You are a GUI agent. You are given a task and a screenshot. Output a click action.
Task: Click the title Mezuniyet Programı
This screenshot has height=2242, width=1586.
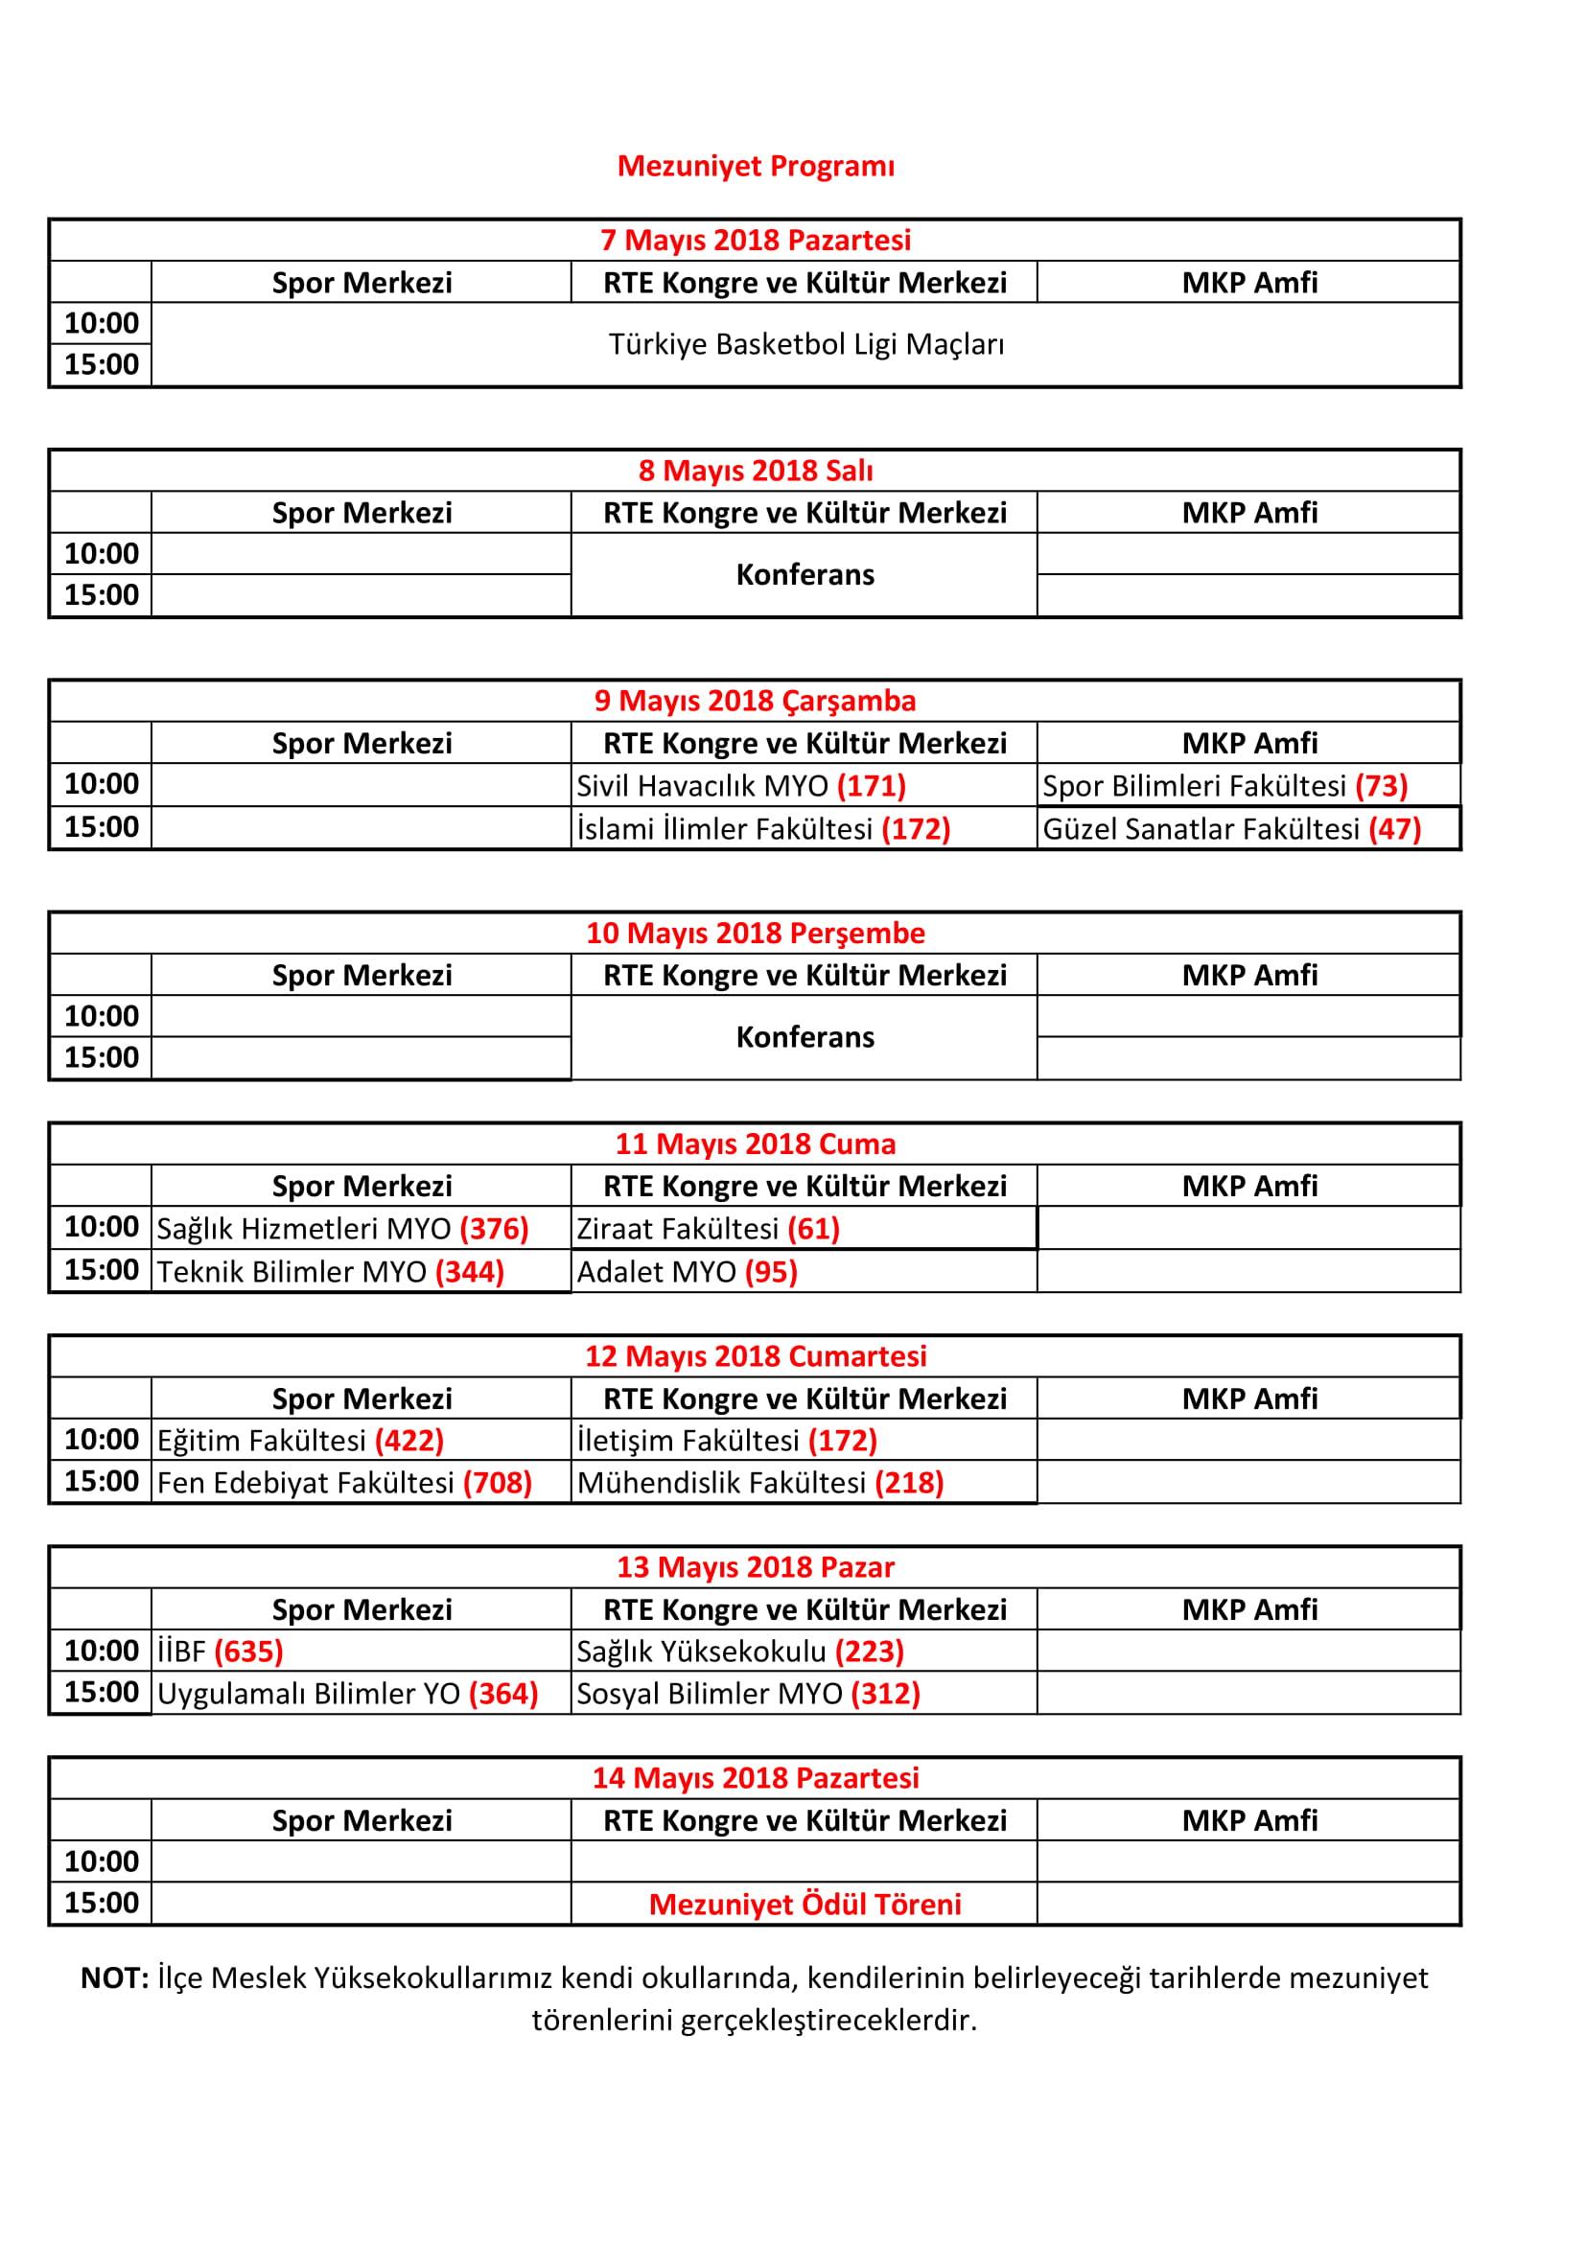point(755,166)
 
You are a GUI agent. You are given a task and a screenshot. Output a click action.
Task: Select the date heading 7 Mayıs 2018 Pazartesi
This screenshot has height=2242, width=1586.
point(755,241)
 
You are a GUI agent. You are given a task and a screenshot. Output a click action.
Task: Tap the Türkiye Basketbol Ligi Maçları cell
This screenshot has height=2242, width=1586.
point(805,345)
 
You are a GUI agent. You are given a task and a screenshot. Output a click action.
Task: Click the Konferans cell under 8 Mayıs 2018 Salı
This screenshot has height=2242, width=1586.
point(805,574)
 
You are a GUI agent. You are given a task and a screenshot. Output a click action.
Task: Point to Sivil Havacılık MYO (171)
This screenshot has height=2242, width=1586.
point(740,786)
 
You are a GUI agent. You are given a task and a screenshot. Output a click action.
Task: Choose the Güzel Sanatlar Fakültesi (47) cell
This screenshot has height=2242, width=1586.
point(1231,829)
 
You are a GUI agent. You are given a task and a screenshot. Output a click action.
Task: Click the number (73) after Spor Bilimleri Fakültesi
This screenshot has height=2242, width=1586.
point(1381,786)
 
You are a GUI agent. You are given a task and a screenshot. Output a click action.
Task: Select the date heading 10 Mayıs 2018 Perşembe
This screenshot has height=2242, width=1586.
point(755,933)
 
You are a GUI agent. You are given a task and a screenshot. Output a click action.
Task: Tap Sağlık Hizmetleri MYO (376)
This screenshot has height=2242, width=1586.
point(341,1229)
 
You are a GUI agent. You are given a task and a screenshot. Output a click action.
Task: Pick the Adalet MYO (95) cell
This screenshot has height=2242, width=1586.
point(687,1271)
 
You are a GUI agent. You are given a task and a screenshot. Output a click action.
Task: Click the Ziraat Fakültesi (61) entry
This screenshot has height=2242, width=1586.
point(708,1229)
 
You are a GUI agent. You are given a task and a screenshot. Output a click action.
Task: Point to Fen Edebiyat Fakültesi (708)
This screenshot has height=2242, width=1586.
point(344,1482)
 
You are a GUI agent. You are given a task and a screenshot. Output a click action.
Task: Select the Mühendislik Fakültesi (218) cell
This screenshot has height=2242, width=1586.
point(759,1482)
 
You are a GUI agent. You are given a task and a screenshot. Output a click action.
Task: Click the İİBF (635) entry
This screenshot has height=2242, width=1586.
point(220,1652)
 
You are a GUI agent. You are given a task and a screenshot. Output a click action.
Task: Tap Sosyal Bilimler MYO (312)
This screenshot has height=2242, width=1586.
point(748,1693)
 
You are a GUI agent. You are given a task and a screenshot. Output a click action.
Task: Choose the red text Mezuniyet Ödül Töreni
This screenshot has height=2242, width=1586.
point(805,1905)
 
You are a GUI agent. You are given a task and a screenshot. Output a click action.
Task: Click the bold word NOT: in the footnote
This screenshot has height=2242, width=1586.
point(114,1978)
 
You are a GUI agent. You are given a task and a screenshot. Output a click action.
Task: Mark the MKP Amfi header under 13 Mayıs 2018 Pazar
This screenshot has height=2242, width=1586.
point(1249,1609)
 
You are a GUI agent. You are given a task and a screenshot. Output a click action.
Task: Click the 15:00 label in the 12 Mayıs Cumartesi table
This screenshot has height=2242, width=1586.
point(102,1481)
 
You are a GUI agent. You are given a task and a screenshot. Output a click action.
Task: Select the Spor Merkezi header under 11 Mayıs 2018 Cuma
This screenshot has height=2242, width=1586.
point(362,1187)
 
